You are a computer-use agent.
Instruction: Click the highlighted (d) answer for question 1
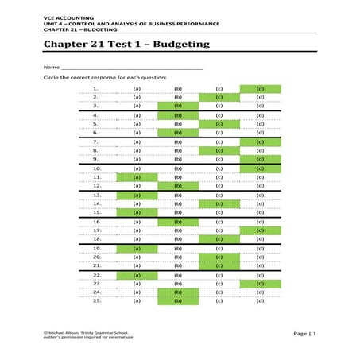[x=260, y=88]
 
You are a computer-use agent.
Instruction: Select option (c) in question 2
[x=219, y=96]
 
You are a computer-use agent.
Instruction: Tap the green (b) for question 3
[x=178, y=105]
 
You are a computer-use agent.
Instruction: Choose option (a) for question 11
[x=137, y=177]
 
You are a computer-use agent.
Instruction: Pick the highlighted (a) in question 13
[x=137, y=195]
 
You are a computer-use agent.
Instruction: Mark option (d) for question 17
[x=260, y=230]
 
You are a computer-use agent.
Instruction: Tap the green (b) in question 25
[x=178, y=301]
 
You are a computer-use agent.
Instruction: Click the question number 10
[x=97, y=168]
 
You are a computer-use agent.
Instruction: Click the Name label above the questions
[x=51, y=68]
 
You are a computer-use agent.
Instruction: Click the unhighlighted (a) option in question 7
[x=137, y=141]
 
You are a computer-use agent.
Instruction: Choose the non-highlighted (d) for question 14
[x=260, y=203]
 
